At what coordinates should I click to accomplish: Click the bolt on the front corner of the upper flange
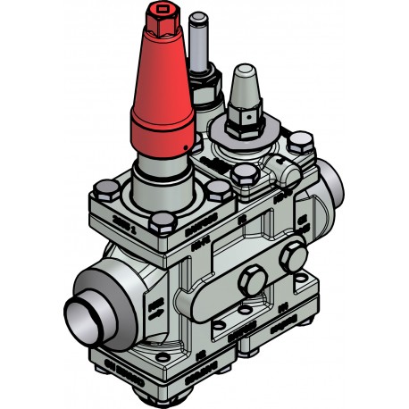pos(162,223)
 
